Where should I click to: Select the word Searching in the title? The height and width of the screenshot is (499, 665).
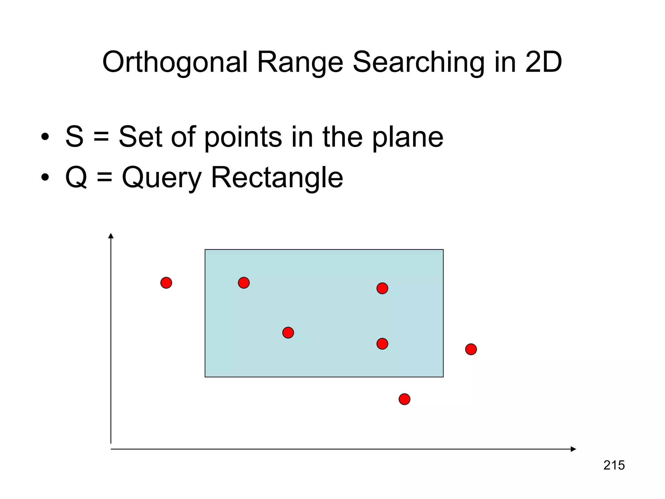(x=419, y=62)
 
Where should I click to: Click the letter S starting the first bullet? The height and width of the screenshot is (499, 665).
(x=74, y=136)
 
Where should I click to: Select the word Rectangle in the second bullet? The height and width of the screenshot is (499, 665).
(x=277, y=178)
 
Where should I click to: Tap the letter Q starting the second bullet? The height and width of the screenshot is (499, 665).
(x=76, y=177)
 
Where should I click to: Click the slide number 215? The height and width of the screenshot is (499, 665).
(x=614, y=465)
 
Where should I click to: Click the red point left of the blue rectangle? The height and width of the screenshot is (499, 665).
(x=166, y=283)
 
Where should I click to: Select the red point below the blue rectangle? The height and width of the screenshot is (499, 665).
(x=404, y=399)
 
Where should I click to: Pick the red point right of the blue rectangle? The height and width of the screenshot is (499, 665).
(x=471, y=349)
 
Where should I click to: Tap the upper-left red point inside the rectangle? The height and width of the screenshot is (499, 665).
(x=244, y=283)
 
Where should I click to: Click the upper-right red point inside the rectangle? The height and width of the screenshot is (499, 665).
(x=382, y=288)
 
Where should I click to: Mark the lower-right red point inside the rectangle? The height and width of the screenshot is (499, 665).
(x=382, y=344)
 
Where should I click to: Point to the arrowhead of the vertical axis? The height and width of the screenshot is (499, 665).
(x=111, y=236)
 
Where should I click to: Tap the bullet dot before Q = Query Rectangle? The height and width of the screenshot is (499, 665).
(x=45, y=177)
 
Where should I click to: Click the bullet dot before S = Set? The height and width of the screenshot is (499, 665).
(x=45, y=136)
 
